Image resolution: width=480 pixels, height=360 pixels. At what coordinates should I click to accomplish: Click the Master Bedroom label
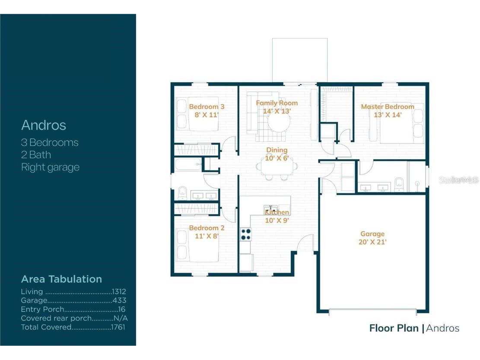pos(387,107)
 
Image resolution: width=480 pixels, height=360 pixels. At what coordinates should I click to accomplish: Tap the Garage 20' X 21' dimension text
pos(372,242)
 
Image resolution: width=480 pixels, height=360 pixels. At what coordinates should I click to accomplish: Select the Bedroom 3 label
pos(207,107)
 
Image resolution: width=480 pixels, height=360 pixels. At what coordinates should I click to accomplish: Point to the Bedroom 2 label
pos(207,228)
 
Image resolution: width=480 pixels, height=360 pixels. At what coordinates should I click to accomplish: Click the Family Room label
pos(277,103)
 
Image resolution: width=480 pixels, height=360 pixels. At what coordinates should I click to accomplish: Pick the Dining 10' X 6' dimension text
pos(277,158)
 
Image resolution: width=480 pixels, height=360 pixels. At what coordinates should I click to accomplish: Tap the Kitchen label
pos(277,212)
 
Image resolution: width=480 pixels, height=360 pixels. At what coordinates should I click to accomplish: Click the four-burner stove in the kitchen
pos(246,234)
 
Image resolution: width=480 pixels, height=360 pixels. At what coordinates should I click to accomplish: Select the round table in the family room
pos(279,122)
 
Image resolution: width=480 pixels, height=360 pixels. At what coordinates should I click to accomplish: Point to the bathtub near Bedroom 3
pos(188,164)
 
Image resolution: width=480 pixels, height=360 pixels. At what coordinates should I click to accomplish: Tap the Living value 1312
pos(119,292)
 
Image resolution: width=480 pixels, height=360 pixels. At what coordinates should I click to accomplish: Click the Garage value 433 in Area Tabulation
pos(119,300)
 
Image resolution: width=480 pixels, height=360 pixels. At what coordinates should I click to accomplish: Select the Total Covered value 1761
pos(118,327)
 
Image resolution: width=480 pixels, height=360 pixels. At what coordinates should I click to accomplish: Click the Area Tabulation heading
pos(61,279)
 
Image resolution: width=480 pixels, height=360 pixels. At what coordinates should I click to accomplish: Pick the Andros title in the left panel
pos(44,125)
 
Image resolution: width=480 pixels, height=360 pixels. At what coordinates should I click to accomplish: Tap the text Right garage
pos(50,167)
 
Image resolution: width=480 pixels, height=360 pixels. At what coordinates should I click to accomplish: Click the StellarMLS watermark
pos(459,180)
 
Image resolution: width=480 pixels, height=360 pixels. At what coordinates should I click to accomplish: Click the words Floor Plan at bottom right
pos(394,328)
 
